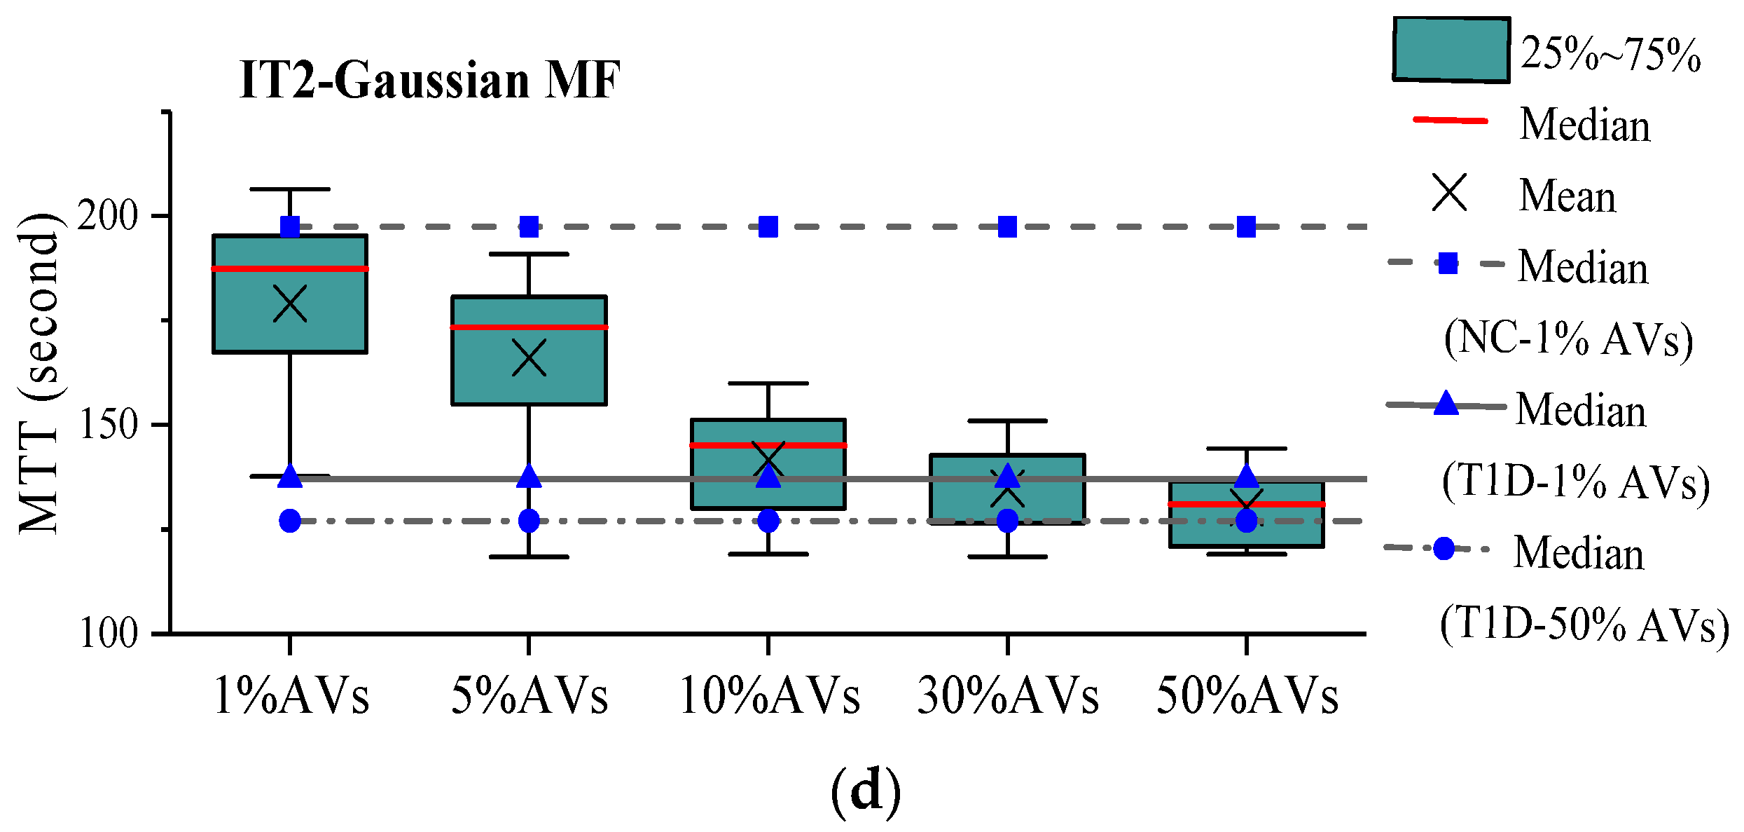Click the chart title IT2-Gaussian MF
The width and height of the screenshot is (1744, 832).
[x=429, y=81]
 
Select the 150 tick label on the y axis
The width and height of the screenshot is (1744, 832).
[x=108, y=424]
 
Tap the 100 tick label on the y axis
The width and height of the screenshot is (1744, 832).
[x=108, y=633]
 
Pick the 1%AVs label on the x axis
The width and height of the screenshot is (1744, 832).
[x=291, y=697]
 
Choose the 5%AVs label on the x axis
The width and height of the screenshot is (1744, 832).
[x=530, y=697]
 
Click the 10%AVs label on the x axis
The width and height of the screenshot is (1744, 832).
[x=769, y=697]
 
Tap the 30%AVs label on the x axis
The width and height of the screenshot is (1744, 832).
[x=1008, y=697]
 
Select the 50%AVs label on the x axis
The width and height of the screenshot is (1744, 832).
[x=1247, y=697]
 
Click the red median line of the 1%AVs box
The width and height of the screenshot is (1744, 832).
[x=290, y=268]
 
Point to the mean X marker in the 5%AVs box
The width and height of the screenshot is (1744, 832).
[x=529, y=358]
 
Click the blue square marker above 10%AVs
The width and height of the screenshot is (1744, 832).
[x=768, y=227]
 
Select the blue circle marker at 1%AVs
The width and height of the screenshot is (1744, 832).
[x=290, y=521]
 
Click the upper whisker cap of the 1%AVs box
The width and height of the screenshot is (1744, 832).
[x=290, y=189]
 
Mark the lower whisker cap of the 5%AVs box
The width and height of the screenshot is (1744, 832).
[x=529, y=557]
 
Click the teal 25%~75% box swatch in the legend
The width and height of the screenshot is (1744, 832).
[x=1451, y=50]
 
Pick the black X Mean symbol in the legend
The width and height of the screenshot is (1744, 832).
[x=1449, y=193]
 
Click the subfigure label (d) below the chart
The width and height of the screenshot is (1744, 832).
[x=866, y=791]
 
